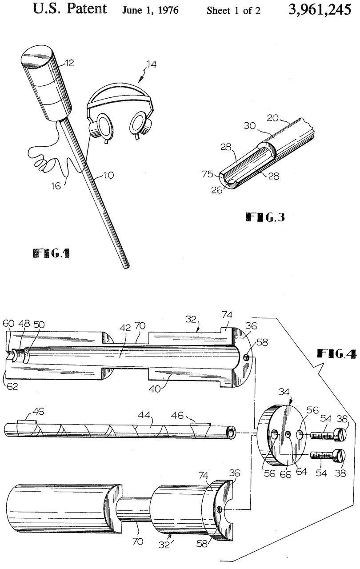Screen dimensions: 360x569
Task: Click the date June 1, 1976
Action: click(151, 10)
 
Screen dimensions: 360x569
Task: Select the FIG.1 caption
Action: click(52, 253)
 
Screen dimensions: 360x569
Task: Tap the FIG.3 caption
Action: click(265, 217)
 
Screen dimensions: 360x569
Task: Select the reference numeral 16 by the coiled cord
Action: click(56, 186)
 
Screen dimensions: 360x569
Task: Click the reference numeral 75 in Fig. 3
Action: click(207, 174)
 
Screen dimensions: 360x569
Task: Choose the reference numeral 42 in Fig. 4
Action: click(124, 328)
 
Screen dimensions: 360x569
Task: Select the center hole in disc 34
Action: click(288, 434)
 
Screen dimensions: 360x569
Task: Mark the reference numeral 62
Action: click(12, 386)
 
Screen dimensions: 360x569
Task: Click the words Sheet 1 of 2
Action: click(233, 11)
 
